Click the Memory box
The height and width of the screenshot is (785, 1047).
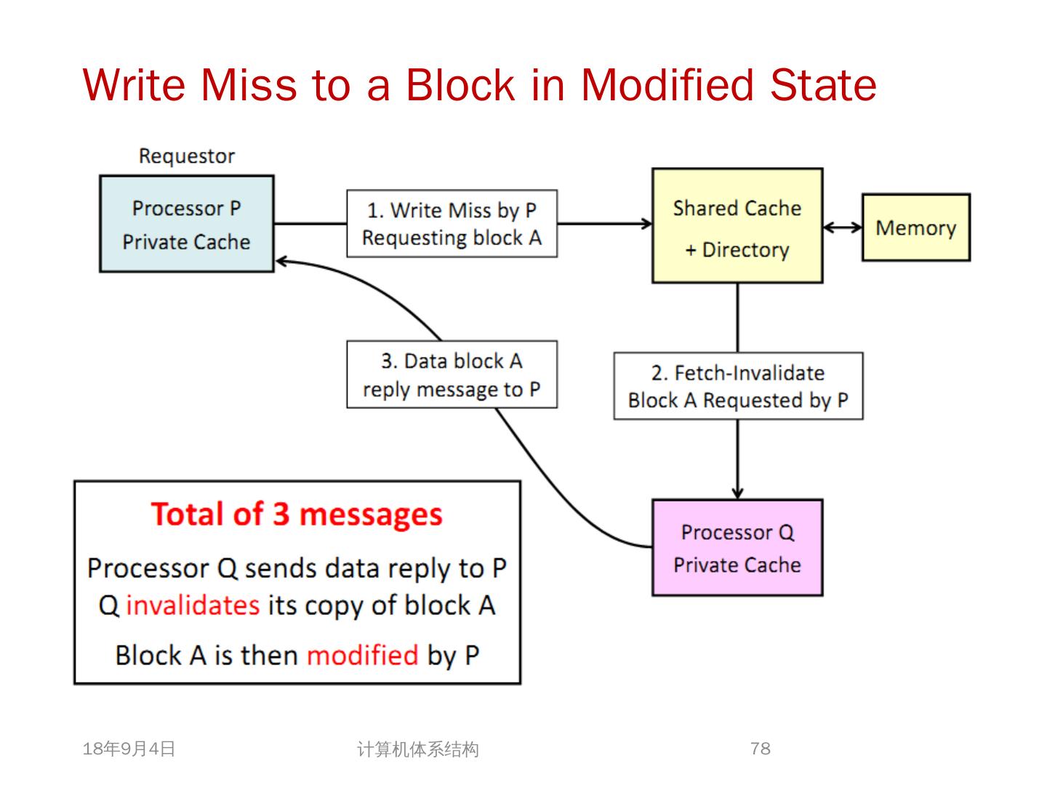click(915, 228)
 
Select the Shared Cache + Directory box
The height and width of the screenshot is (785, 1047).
click(737, 226)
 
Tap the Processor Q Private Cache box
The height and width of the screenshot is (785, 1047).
click(737, 548)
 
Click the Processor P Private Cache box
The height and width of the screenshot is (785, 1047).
click(186, 224)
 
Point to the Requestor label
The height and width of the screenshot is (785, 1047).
click(187, 156)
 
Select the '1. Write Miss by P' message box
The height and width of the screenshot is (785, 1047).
click(452, 224)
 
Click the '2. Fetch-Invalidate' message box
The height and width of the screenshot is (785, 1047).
click(738, 386)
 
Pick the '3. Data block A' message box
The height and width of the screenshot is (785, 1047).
click(452, 374)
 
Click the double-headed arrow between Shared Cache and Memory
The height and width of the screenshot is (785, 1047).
click(842, 228)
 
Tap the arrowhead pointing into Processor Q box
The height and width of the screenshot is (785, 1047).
click(737, 493)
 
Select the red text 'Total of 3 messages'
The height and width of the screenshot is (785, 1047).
click(297, 515)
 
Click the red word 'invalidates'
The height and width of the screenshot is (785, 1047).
click(193, 605)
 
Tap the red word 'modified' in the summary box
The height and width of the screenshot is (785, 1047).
click(362, 655)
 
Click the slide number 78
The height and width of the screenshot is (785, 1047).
click(760, 749)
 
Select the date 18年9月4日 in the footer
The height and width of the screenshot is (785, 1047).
click(129, 749)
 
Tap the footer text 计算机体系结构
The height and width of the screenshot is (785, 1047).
click(418, 749)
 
